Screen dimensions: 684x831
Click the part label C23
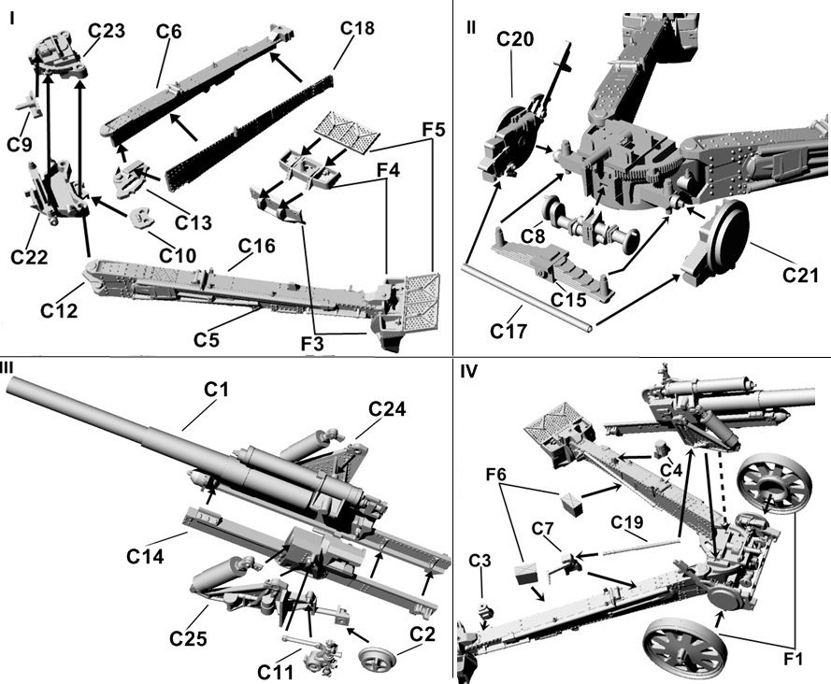(107, 30)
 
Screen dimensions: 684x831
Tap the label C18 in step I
(356, 29)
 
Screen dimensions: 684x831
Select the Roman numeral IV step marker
(469, 372)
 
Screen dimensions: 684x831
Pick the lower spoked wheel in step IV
(687, 648)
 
